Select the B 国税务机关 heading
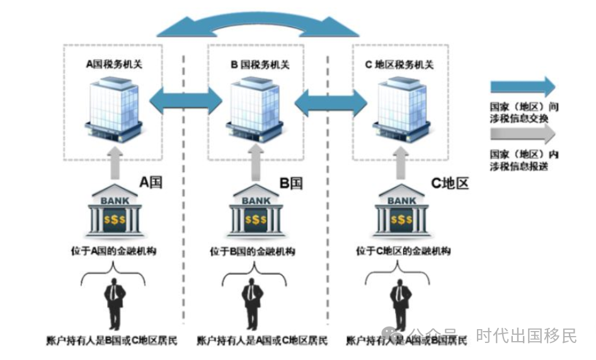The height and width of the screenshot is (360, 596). (260, 64)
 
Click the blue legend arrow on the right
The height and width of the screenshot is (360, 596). (522, 86)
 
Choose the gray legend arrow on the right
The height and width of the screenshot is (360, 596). (522, 134)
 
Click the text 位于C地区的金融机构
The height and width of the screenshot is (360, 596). (403, 251)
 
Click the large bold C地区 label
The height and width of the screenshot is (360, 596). (450, 183)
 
